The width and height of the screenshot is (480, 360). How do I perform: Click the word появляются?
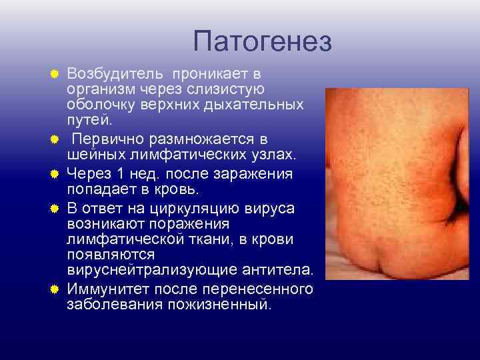click(111, 255)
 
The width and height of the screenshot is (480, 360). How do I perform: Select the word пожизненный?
click(224, 305)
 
